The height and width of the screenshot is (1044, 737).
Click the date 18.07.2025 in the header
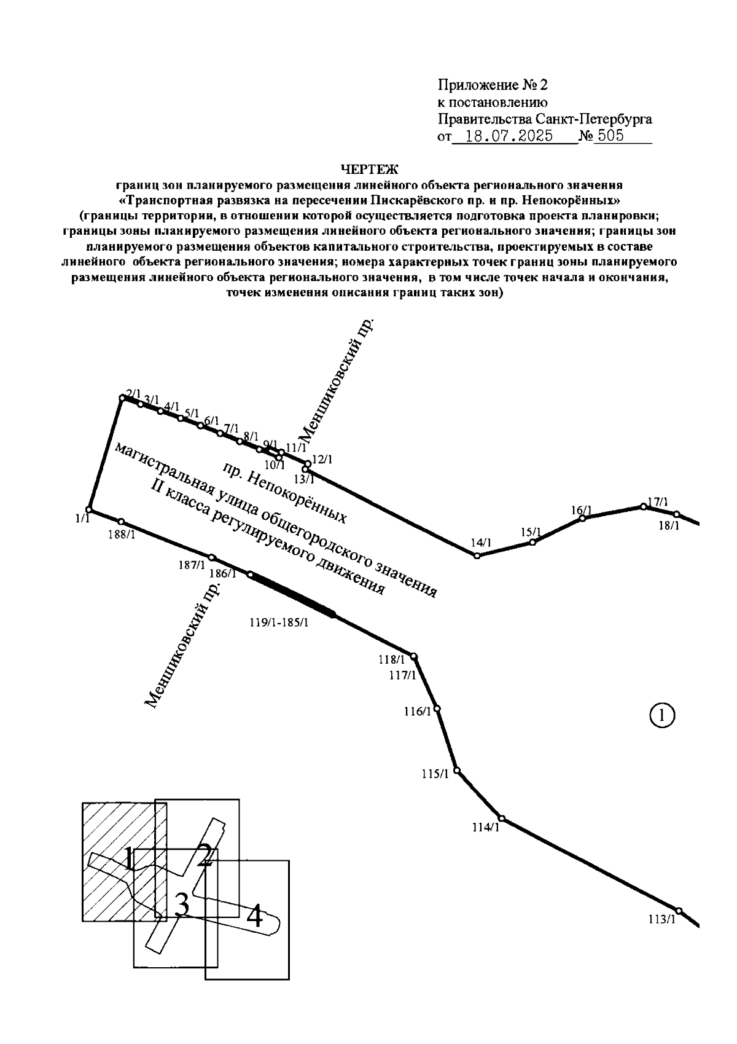(x=509, y=136)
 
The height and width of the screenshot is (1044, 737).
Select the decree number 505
(x=610, y=136)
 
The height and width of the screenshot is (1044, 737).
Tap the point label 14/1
(x=482, y=543)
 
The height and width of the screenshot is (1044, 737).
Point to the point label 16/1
(x=581, y=510)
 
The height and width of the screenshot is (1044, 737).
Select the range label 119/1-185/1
(x=279, y=622)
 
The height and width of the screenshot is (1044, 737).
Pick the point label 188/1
(x=122, y=535)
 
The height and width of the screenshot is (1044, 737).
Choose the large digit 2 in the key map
(x=205, y=855)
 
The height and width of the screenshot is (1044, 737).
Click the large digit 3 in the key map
(x=181, y=905)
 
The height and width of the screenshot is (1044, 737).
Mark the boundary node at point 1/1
(x=89, y=509)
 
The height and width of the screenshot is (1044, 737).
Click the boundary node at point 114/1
(x=502, y=818)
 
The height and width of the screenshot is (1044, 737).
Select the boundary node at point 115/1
(x=457, y=770)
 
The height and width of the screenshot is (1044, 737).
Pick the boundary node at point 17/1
(x=644, y=506)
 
